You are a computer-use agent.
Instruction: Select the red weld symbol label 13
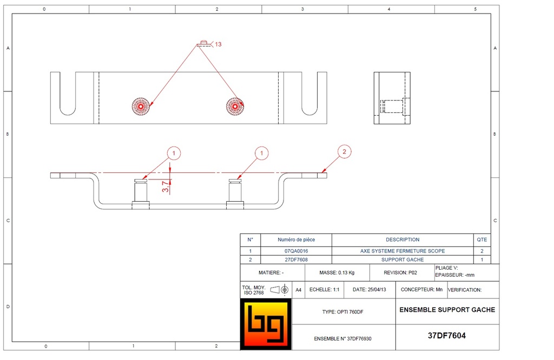click(217, 44)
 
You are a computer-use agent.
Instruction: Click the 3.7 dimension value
click(165, 186)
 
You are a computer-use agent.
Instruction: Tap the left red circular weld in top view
click(141, 105)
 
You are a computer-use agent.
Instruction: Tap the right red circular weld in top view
click(235, 105)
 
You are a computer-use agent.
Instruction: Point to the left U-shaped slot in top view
click(68, 95)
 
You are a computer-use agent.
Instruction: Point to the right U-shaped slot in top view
click(309, 95)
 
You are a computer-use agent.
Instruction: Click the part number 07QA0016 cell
click(295, 251)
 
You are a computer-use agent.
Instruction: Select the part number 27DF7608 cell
click(295, 259)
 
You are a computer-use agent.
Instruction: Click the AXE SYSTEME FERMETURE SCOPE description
click(403, 251)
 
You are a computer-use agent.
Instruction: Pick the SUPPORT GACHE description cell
click(403, 259)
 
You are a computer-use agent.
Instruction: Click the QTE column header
click(482, 239)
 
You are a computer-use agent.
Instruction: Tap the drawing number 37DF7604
click(447, 335)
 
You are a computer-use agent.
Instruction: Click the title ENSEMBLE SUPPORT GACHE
click(447, 310)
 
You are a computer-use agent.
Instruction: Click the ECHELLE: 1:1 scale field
click(324, 290)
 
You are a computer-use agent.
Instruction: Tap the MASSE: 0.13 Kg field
click(337, 273)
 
